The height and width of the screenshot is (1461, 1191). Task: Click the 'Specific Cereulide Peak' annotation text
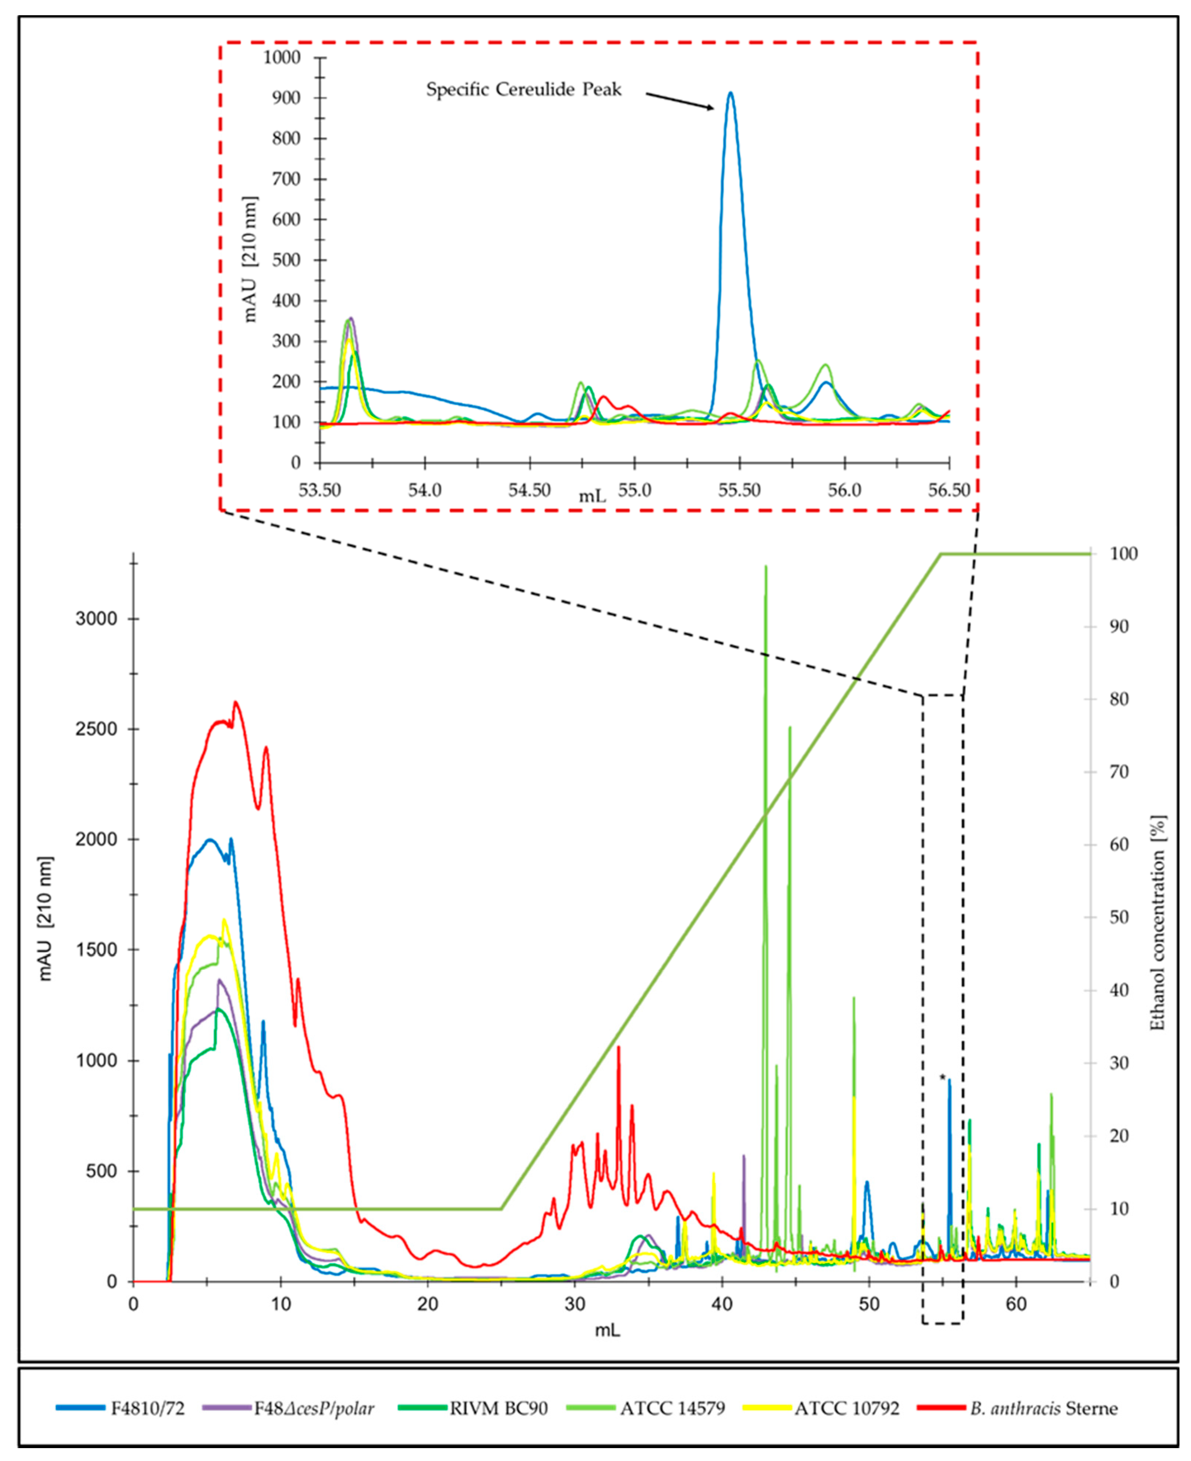click(x=523, y=90)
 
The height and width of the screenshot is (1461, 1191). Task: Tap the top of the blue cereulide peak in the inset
click(x=731, y=93)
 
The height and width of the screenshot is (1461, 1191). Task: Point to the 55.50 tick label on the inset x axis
click(x=739, y=491)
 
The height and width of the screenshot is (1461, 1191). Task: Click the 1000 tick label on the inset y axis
click(x=282, y=57)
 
